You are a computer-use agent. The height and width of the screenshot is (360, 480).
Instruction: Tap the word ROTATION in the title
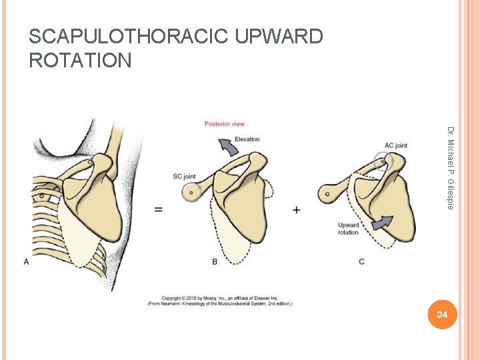click(81, 61)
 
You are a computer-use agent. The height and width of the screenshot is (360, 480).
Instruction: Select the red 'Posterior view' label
click(225, 124)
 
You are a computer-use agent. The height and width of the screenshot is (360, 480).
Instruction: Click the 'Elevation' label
click(247, 139)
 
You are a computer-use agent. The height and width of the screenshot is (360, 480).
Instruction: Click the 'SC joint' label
click(184, 177)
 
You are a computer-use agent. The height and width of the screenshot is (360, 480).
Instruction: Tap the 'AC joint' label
click(395, 145)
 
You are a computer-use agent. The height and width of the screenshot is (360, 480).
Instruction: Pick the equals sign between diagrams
click(159, 209)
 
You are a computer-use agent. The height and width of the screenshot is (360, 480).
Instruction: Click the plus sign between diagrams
click(296, 209)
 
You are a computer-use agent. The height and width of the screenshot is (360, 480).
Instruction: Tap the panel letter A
click(27, 262)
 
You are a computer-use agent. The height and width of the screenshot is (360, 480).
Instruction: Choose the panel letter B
click(215, 262)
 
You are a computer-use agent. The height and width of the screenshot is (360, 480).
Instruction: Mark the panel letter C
click(361, 262)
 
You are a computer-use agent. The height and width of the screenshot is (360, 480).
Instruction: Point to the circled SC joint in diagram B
click(191, 192)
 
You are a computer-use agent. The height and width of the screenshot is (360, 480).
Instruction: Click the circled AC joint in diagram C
click(382, 160)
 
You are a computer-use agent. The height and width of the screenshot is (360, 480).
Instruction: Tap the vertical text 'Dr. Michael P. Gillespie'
click(451, 168)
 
